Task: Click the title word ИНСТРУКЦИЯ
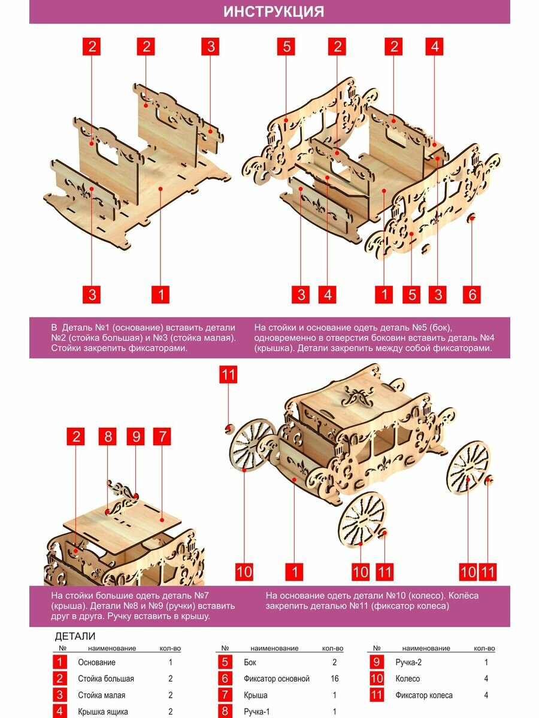273,11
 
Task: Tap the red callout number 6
472,294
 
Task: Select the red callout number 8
108,436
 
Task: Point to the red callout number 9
136,436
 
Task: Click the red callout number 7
162,436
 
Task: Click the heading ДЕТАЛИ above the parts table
75,636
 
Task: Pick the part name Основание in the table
96,662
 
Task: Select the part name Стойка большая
106,679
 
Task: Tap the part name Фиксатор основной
277,679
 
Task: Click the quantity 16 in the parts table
334,679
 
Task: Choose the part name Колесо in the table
407,679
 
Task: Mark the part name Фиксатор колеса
424,695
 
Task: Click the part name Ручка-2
408,662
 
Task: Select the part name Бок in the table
250,662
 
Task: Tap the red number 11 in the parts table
377,695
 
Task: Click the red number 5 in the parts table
225,662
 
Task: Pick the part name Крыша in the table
256,695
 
